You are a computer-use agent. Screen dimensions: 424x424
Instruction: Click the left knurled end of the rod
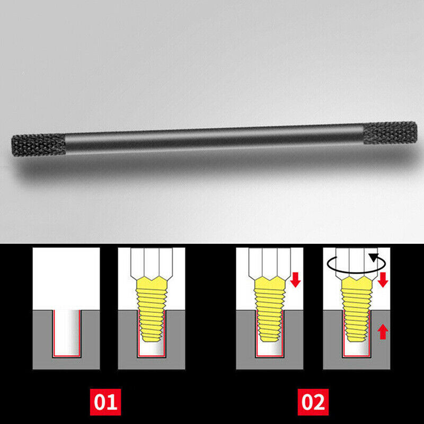tap(38, 145)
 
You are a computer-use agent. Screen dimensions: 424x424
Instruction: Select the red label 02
tap(314, 401)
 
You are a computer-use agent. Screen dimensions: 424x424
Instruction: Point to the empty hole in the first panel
tap(66, 333)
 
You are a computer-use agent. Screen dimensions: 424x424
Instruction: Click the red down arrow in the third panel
tap(296, 280)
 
